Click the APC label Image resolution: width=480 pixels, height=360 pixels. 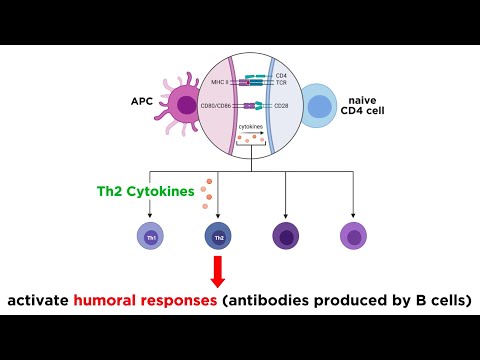[141, 101]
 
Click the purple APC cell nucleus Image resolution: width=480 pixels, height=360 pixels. [185, 103]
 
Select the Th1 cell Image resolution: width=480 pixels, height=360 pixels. [149, 236]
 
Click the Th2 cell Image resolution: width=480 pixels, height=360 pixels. [217, 236]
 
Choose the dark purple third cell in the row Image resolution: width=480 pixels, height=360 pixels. [285, 236]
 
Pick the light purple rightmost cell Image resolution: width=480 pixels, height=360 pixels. [353, 236]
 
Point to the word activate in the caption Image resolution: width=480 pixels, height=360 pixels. [37, 300]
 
